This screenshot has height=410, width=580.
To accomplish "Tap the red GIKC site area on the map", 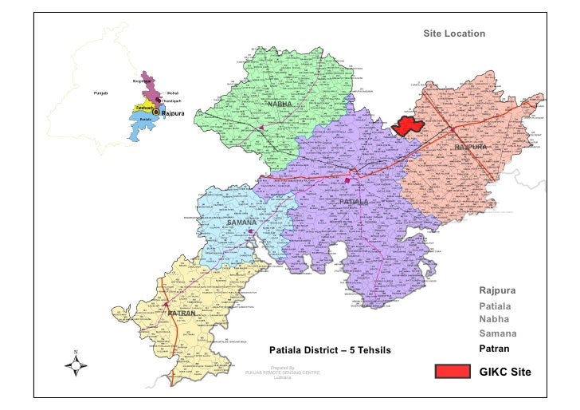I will (x=410, y=126).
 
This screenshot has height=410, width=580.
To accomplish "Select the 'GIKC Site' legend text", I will (x=504, y=372).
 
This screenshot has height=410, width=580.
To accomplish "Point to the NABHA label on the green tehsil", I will (x=279, y=105).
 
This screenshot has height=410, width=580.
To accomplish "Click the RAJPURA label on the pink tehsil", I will (x=470, y=148).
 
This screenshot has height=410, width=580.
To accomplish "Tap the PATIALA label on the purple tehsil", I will (x=353, y=203).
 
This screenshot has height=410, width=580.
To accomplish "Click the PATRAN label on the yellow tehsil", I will (x=182, y=314).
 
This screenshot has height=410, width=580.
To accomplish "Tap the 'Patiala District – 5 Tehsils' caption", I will (x=331, y=350).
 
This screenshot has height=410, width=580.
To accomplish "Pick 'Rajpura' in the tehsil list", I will (x=497, y=290).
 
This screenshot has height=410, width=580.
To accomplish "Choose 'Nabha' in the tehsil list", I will (x=494, y=318).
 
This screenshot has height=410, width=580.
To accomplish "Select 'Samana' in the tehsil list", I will (x=498, y=333).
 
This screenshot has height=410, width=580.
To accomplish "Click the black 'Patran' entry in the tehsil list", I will (x=494, y=349).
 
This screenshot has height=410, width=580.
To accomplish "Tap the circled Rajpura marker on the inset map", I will (x=156, y=113).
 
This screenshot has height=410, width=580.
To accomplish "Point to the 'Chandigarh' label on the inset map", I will (x=172, y=101).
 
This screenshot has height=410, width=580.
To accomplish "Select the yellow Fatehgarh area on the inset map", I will (x=144, y=107).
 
